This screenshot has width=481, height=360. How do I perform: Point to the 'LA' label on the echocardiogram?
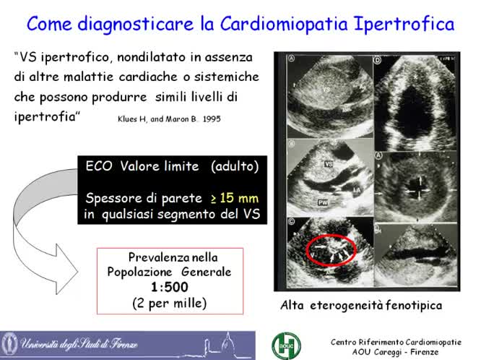coord(357,189)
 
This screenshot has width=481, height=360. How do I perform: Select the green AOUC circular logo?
coord(283,343)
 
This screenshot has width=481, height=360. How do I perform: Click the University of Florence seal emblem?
coord(12,343)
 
